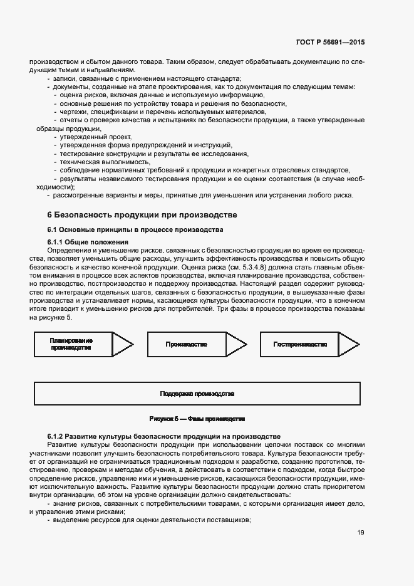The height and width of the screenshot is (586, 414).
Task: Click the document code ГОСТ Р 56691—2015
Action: coord(329,43)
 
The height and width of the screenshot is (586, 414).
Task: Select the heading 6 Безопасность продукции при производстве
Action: coord(142,215)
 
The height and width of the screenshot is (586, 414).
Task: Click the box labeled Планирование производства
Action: coord(71,344)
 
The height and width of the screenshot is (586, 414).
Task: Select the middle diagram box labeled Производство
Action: coord(186,344)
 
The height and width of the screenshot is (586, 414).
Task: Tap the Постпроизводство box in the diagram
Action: coord(300,344)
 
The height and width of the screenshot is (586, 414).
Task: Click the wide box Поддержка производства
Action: coord(197,394)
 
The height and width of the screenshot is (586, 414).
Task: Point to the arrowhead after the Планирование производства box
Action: coord(122,344)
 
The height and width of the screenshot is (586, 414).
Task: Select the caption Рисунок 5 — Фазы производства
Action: coord(197,419)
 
